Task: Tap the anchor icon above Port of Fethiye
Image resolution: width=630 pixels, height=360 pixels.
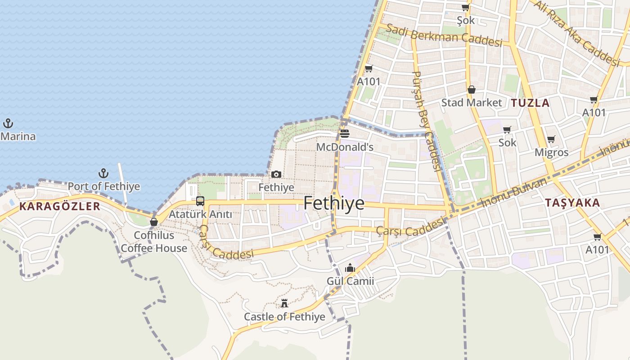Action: tap(104, 173)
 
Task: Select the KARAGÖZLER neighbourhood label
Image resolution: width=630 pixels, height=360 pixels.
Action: tap(59, 207)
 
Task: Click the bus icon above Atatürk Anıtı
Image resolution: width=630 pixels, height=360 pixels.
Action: tap(200, 201)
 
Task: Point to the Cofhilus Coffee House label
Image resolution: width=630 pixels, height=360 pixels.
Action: tap(154, 242)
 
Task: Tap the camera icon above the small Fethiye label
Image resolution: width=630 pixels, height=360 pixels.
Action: tap(276, 174)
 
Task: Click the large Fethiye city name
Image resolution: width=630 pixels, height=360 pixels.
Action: tap(334, 203)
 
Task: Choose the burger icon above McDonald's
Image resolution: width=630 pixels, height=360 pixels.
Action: tap(345, 133)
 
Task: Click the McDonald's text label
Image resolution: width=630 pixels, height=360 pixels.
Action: tap(345, 147)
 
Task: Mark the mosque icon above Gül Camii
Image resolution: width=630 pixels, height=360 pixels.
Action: tap(350, 268)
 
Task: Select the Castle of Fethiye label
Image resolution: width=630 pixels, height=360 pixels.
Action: tap(284, 317)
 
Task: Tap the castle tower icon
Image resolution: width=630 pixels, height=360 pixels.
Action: tap(284, 303)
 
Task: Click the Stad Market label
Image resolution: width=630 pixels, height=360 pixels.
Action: tap(471, 103)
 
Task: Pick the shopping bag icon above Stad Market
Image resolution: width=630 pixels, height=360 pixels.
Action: tap(471, 90)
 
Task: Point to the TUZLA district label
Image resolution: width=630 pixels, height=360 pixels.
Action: tap(530, 103)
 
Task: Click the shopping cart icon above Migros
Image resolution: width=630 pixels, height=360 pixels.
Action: tap(551, 139)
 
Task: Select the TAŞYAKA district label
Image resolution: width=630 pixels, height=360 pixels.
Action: tap(572, 203)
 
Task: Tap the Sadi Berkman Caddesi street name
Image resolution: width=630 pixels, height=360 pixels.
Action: tap(444, 36)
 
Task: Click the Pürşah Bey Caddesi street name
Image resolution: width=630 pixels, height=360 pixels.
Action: tap(426, 121)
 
